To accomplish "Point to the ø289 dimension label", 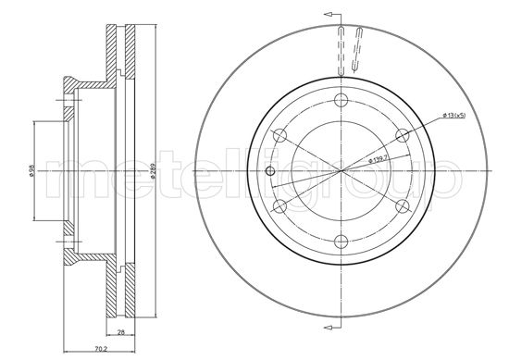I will click(x=150, y=171).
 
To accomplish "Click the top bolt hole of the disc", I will click(x=341, y=100).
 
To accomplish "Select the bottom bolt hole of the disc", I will click(x=341, y=242).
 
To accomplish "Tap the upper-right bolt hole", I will click(x=402, y=136).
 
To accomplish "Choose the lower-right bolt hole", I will click(x=402, y=206).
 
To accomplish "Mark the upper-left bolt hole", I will click(x=279, y=136).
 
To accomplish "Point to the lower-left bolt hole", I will click(x=279, y=206).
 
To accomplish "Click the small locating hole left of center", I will click(x=269, y=171).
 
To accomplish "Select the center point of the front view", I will click(x=341, y=171).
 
